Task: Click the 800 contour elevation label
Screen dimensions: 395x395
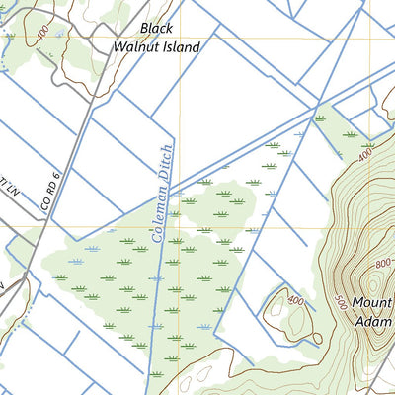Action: click(x=383, y=265)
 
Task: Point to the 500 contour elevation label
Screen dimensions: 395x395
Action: click(x=342, y=303)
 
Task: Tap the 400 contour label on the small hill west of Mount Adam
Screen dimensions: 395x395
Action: click(x=294, y=300)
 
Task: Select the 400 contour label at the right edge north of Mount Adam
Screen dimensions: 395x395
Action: click(x=366, y=156)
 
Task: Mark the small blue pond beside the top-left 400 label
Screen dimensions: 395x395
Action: click(x=61, y=33)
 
